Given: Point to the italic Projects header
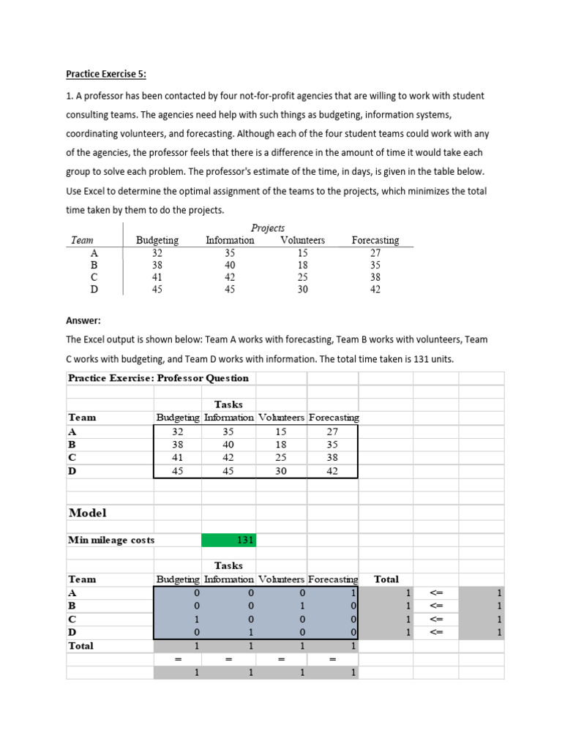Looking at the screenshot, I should click(268, 227).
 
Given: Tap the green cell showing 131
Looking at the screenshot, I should click(229, 541).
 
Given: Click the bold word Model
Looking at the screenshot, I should click(87, 513).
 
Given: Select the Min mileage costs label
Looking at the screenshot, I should click(111, 541).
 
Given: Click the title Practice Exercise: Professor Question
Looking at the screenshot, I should click(158, 378).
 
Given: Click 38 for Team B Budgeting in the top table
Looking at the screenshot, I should click(157, 265).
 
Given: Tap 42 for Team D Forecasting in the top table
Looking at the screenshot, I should click(375, 289).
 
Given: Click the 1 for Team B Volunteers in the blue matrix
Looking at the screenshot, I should click(302, 606).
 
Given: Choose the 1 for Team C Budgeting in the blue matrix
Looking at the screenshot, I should click(197, 620).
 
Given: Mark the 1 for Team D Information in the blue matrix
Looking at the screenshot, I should click(250, 633).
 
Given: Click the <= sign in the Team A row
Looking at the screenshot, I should click(437, 593).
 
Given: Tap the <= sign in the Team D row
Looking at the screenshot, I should click(437, 633).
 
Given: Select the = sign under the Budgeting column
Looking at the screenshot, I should click(177, 660).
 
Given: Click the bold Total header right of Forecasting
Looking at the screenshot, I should click(386, 579).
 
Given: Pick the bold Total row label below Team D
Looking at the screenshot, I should click(80, 646).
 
